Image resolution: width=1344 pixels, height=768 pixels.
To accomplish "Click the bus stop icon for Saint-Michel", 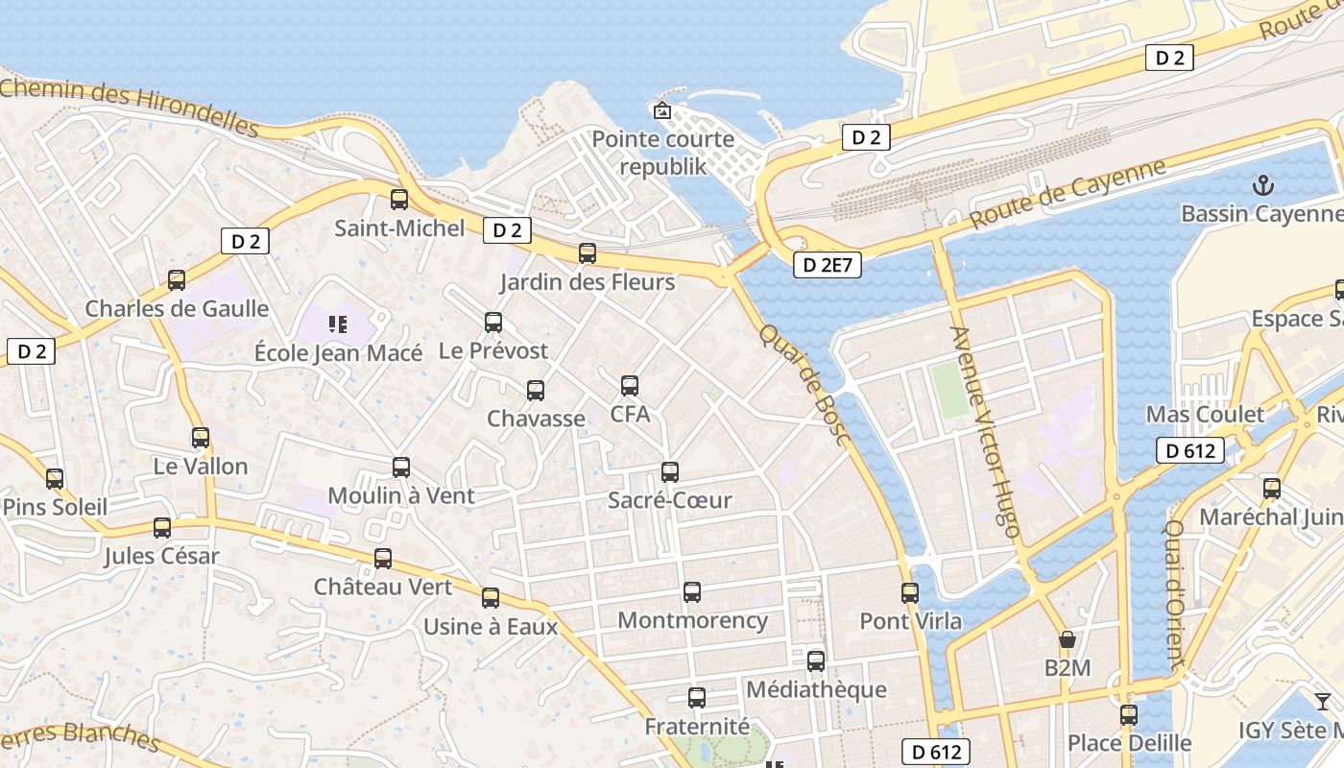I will (399, 200).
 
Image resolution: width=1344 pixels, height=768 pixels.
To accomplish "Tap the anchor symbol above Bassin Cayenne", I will (1264, 184).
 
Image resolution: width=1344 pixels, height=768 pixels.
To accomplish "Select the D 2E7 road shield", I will (827, 265).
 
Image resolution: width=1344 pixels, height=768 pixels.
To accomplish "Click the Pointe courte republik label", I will (662, 153).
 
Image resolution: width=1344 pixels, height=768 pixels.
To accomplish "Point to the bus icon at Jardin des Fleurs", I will (588, 253).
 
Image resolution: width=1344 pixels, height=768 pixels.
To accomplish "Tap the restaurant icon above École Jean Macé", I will (338, 324).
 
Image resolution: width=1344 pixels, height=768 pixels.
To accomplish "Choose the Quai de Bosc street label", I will (805, 384).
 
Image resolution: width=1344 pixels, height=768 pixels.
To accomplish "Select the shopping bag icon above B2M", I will (1067, 639).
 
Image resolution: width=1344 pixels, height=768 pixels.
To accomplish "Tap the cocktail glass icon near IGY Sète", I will (1323, 702).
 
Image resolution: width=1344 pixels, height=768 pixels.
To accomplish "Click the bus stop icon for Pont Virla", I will (910, 592).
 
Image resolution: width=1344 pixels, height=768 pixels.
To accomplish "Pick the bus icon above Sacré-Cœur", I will (670, 471).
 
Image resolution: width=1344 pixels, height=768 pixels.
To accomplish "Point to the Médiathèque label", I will (816, 689).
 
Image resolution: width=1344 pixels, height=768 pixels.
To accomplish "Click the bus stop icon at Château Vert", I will (383, 558).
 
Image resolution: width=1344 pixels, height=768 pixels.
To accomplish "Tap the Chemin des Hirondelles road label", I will (130, 107).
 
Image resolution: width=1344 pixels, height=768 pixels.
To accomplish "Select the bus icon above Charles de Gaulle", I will (177, 280).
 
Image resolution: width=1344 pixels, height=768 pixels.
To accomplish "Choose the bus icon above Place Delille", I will (1129, 714).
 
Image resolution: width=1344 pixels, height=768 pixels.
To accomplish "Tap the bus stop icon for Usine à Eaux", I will (491, 598).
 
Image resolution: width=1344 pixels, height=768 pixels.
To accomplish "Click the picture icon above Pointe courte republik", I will (661, 110).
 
